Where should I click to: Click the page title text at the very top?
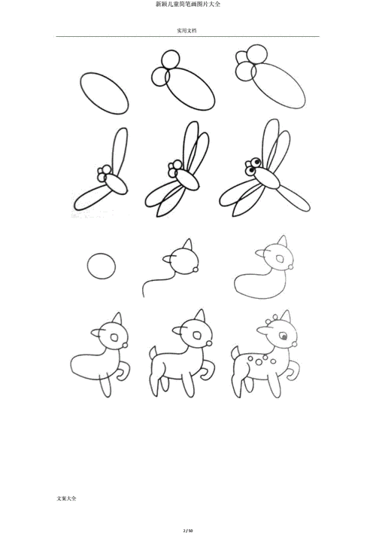(x=188, y=4)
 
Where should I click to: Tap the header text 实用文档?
(x=186, y=31)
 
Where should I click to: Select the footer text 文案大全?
(x=67, y=498)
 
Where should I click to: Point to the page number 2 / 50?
(x=188, y=530)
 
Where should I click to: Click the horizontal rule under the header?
(x=188, y=36)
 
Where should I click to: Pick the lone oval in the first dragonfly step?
(x=105, y=93)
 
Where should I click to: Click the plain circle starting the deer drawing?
(x=102, y=266)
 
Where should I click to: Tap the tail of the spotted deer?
(x=235, y=353)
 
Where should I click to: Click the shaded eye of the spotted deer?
(x=283, y=337)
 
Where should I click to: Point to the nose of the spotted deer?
(x=294, y=344)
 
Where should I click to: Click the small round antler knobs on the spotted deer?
(x=271, y=318)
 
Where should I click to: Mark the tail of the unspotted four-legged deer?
(x=153, y=353)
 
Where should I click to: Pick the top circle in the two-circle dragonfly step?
(x=170, y=60)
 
